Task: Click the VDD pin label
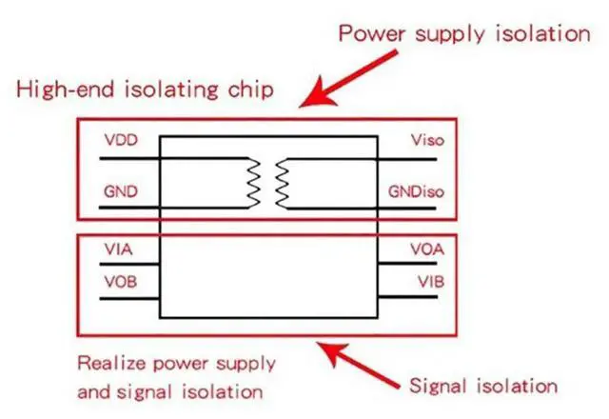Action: click(122, 141)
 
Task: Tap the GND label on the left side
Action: click(122, 192)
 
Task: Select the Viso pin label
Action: click(427, 141)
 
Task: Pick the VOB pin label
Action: click(120, 283)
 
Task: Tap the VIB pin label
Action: click(427, 283)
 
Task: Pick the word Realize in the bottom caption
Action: click(107, 364)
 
